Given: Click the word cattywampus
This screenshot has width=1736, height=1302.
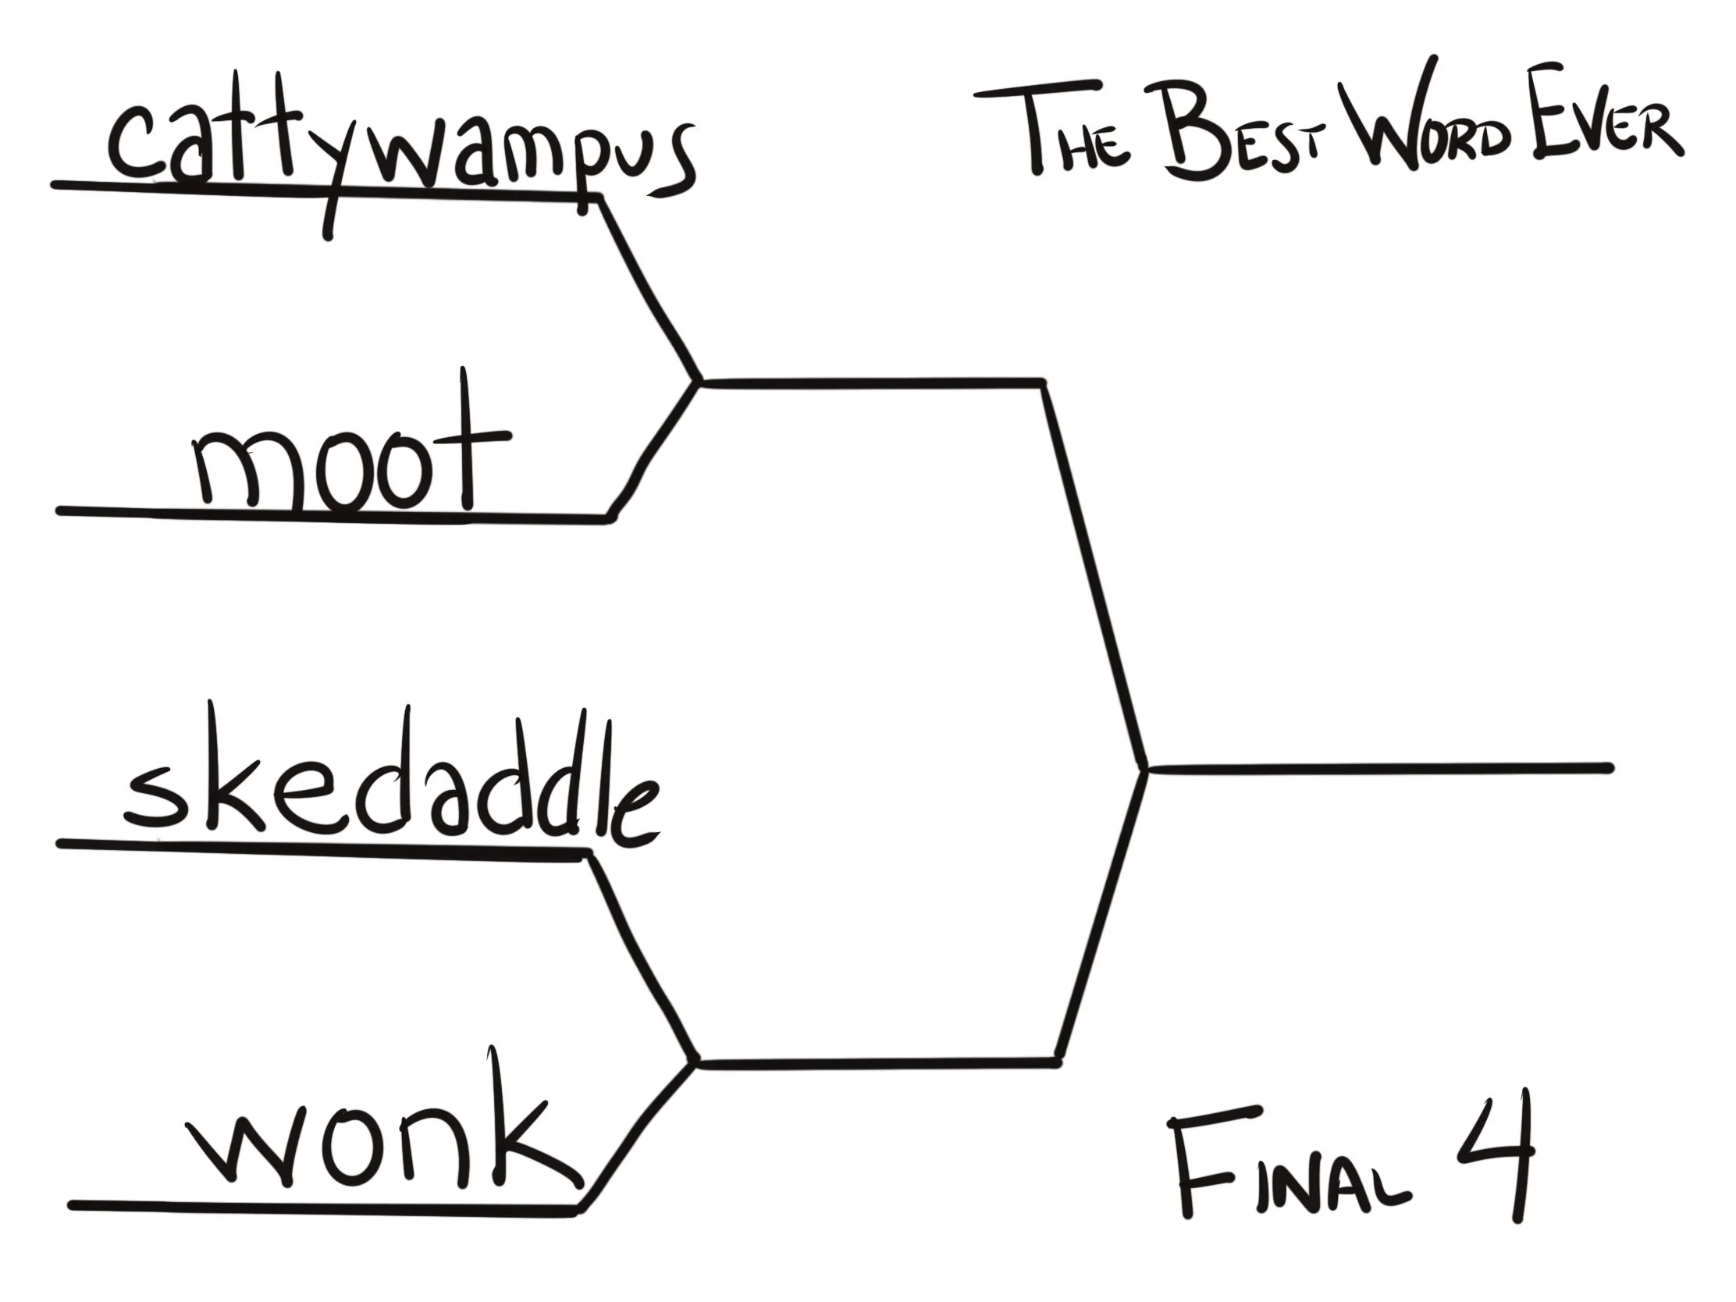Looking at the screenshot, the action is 400,157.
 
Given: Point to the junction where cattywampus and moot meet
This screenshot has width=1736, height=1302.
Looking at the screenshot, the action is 699,383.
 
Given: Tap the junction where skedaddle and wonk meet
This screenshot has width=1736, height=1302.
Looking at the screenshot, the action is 695,1063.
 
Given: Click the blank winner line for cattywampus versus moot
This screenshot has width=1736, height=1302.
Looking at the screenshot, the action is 871,383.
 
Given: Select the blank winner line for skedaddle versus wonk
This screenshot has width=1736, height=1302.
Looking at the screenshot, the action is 875,1063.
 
